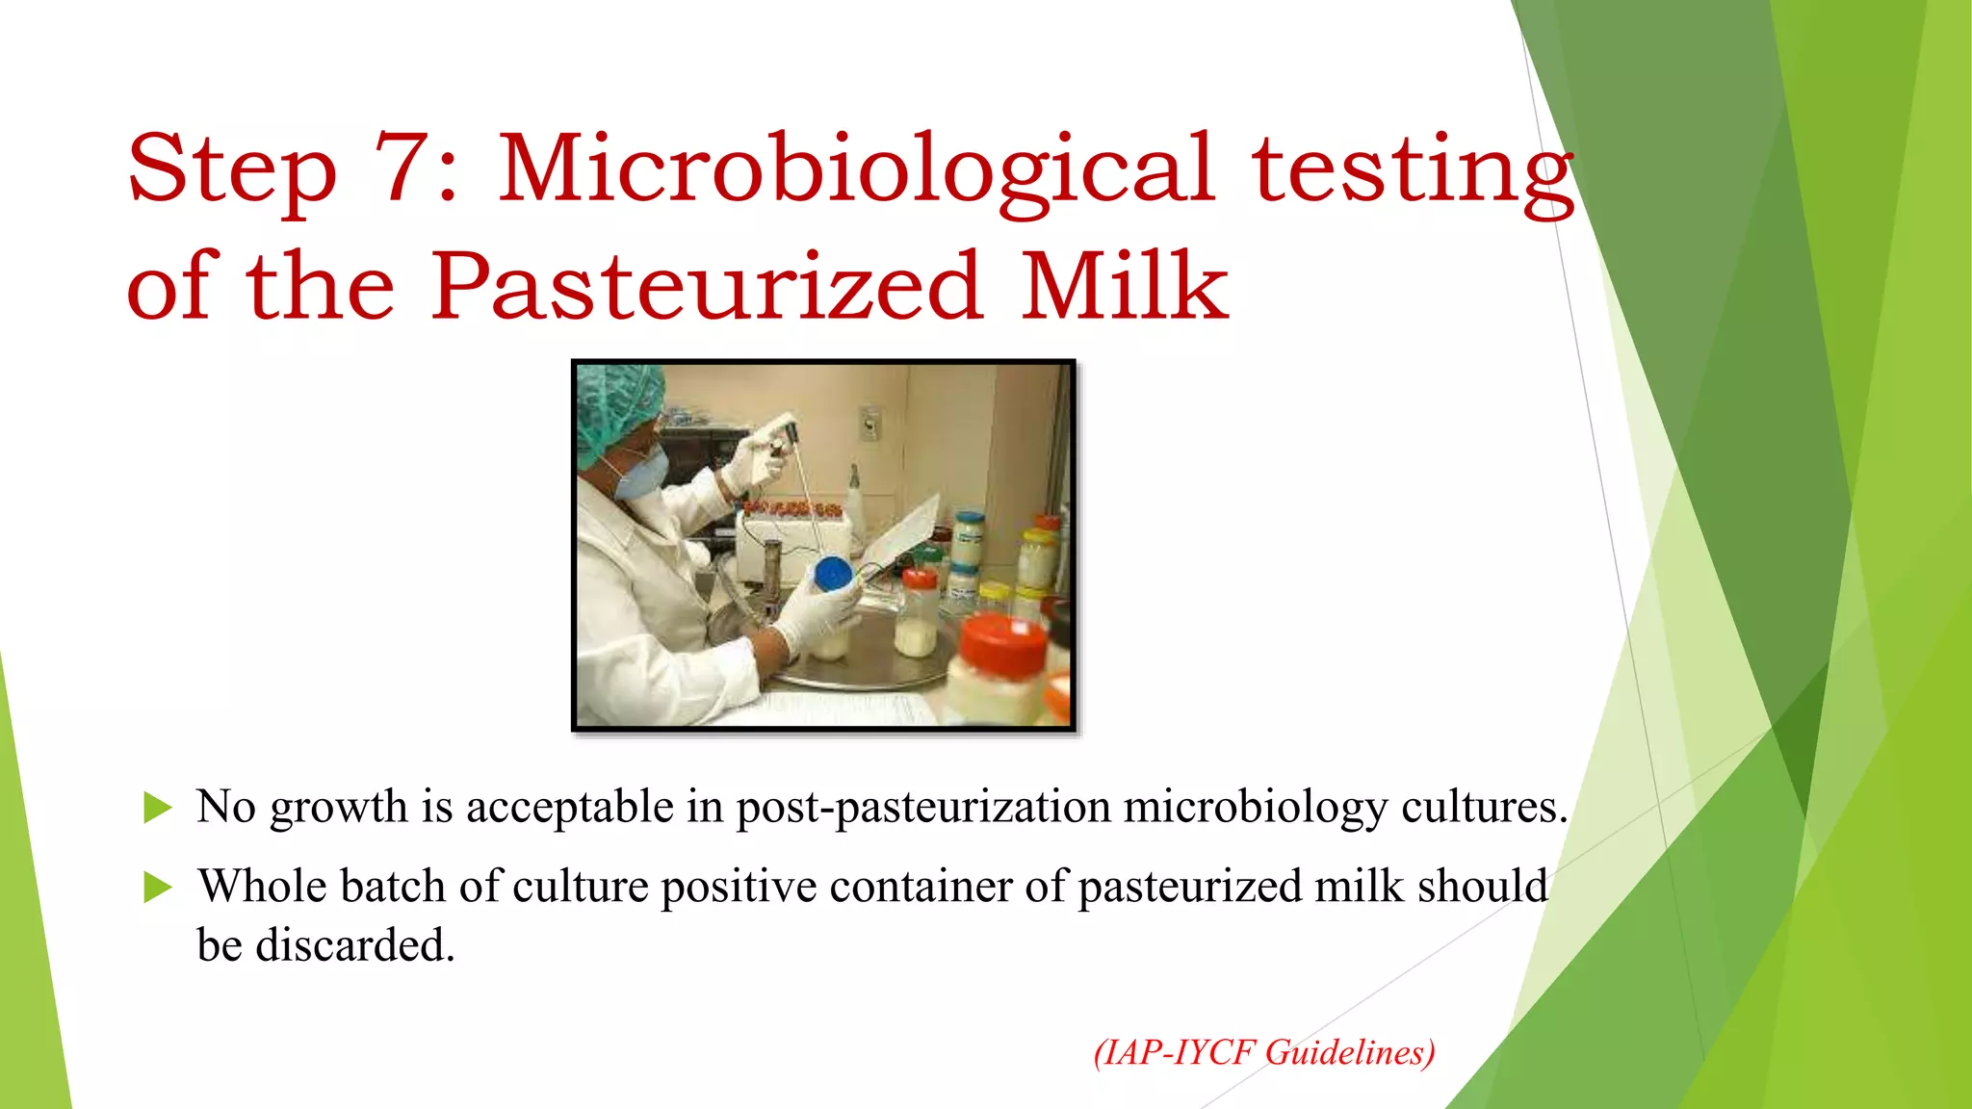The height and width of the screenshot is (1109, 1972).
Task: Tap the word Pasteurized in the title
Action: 707,286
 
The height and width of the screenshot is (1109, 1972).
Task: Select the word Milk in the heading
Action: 1124,286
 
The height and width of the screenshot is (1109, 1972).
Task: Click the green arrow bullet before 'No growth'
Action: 157,808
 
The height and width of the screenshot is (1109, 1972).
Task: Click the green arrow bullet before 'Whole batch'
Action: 157,887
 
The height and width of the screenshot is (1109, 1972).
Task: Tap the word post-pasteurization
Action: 923,808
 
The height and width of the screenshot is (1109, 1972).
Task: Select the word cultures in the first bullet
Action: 1484,807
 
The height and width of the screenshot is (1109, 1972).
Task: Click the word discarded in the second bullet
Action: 354,945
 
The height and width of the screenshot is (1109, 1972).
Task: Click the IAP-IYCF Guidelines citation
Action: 1264,1052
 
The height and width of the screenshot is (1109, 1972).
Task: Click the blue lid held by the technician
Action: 833,575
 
